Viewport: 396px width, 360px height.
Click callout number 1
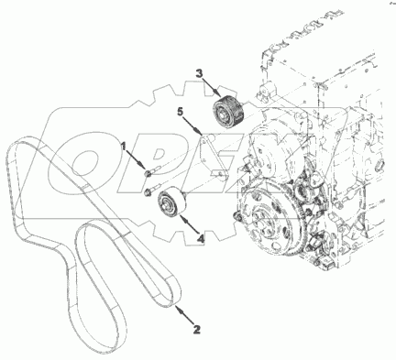tap(124, 147)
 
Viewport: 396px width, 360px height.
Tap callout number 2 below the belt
tap(197, 329)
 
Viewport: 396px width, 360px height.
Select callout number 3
tap(199, 73)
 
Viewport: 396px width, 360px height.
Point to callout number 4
tap(200, 238)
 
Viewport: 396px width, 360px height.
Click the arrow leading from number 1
tap(136, 159)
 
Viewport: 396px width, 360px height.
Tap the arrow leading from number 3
tap(212, 86)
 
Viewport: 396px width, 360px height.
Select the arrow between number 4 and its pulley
tap(190, 224)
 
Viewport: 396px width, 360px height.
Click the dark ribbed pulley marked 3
tap(229, 110)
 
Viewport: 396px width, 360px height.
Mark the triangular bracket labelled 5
tap(214, 157)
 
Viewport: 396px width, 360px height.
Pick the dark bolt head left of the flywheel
tap(237, 217)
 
